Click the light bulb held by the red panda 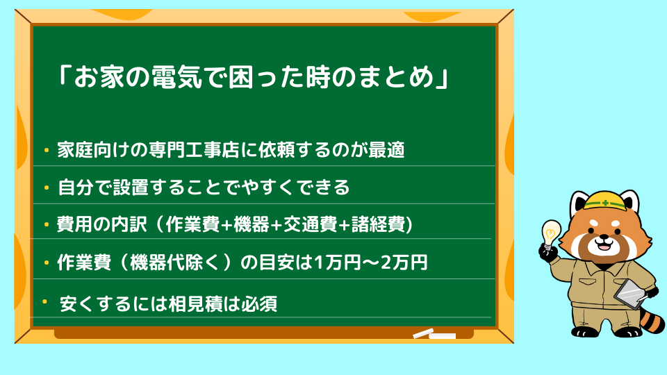pos(550,233)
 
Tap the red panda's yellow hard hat pos(605,201)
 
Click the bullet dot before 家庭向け pos(47,150)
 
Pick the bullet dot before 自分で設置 pos(47,187)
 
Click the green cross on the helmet pos(605,203)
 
